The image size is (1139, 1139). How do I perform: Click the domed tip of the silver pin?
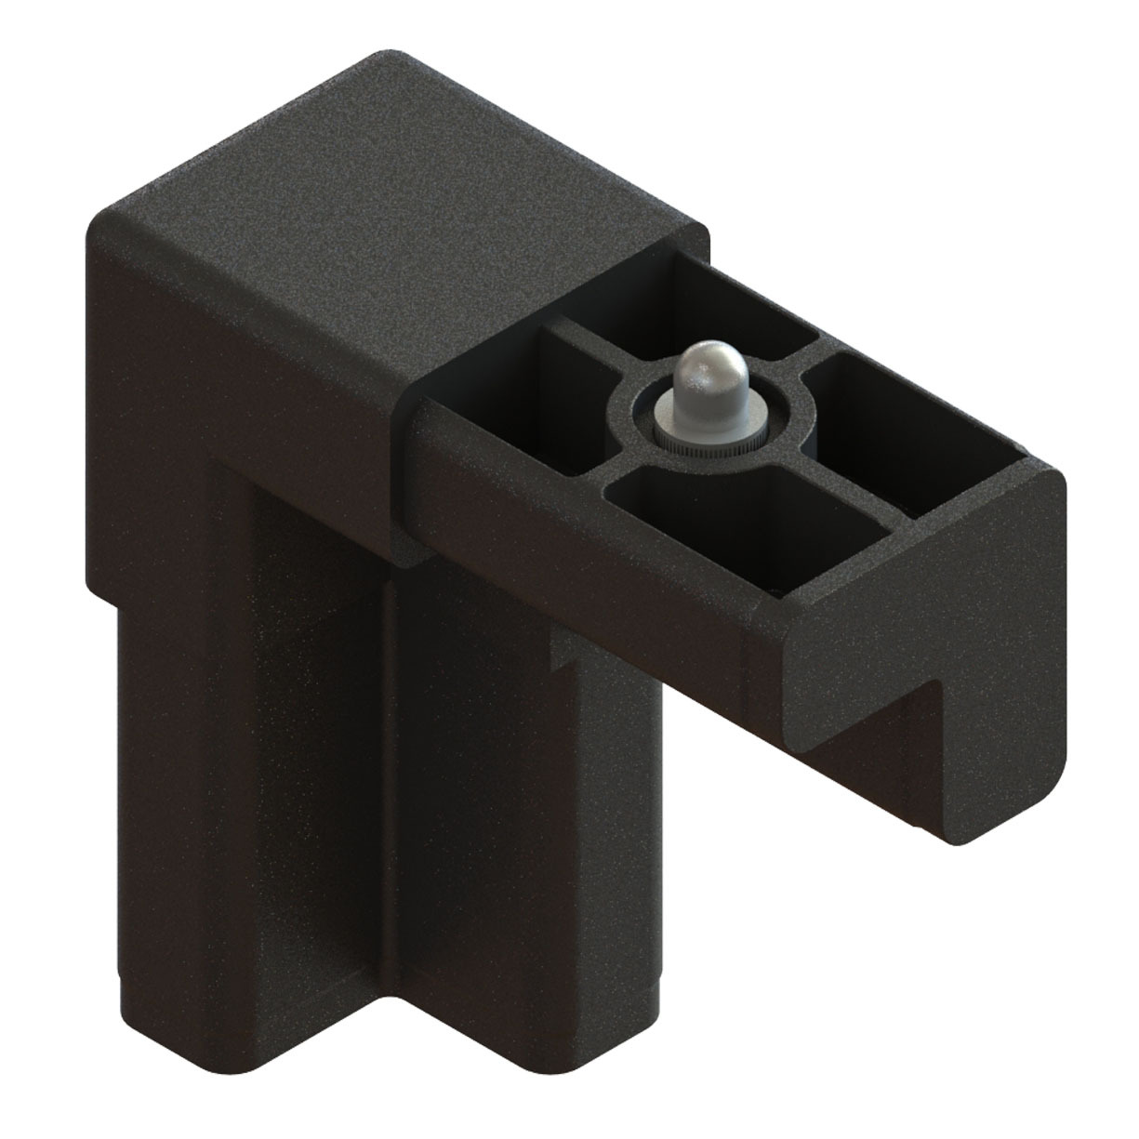pos(704,369)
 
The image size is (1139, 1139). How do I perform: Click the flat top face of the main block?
pos(400,186)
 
